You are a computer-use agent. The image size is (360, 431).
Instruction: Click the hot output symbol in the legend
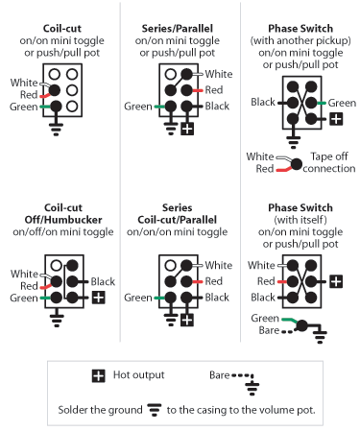(98, 376)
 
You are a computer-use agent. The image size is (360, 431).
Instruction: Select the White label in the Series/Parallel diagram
(220, 74)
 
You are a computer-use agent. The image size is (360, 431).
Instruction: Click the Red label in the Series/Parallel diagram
(215, 90)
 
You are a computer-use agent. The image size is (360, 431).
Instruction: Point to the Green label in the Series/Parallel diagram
(139, 108)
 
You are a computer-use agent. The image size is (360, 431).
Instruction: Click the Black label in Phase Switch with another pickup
(263, 101)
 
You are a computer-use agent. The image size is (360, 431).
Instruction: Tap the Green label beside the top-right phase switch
(342, 101)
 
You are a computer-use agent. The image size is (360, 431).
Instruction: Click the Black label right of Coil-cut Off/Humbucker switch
(104, 281)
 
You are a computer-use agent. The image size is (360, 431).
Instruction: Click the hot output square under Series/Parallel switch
(187, 128)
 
